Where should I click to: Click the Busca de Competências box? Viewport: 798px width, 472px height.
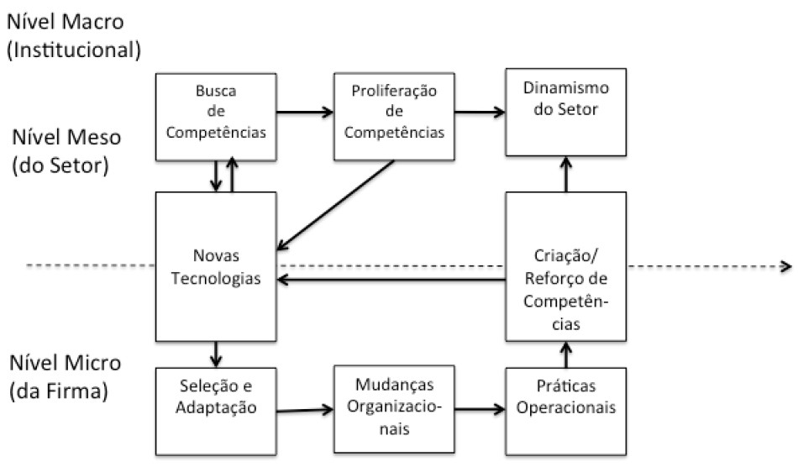point(216,116)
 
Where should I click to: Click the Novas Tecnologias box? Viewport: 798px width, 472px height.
point(216,266)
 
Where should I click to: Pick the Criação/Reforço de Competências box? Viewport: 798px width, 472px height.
point(564,266)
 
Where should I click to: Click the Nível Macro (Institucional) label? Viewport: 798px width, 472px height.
point(71,35)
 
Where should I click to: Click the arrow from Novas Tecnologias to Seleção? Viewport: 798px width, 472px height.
point(217,354)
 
